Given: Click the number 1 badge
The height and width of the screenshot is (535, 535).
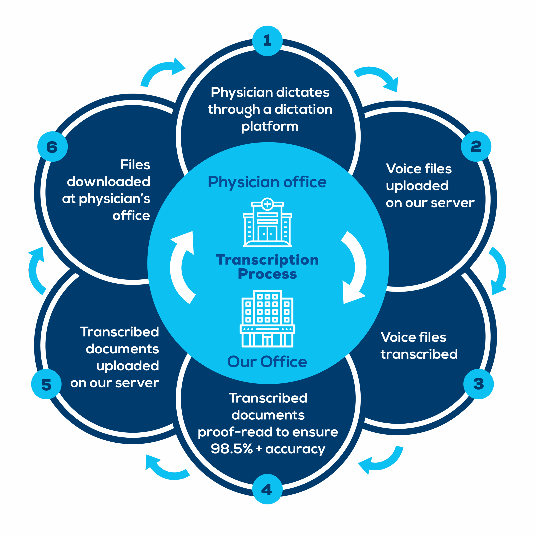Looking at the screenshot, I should (267, 41).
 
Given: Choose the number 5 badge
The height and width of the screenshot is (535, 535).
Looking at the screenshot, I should (46, 384).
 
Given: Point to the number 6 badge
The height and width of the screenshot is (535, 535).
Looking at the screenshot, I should (52, 147).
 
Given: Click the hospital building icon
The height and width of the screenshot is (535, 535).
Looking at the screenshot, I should (267, 223).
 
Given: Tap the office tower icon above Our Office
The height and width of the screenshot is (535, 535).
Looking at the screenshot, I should (267, 318).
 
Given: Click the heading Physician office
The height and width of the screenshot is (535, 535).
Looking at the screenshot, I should (267, 182).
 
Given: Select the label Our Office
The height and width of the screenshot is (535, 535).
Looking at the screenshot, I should (267, 362).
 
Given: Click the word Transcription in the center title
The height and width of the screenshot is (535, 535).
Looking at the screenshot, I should (267, 260).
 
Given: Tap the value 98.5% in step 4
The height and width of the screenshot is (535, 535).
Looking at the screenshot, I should (232, 449).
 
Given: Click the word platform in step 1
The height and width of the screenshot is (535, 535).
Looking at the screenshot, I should (270, 127).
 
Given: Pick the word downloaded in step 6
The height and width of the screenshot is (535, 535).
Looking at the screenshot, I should (108, 182).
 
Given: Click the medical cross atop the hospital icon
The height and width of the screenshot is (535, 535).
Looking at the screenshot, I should (267, 204).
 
